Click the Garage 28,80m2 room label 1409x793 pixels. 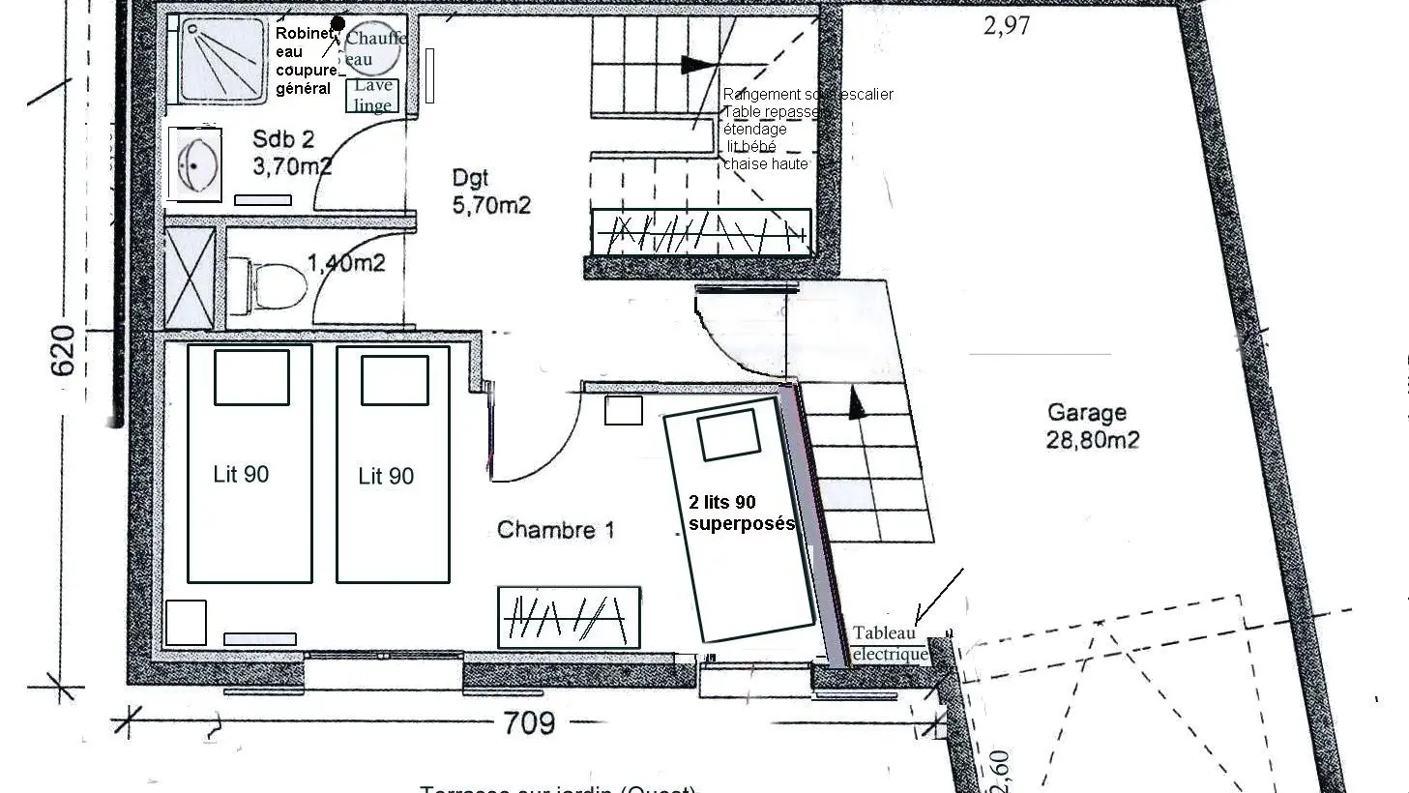point(1092,426)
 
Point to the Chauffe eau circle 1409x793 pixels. point(373,48)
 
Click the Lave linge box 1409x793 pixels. point(372,96)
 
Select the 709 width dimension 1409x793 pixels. point(529,722)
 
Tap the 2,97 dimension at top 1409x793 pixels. point(1007,26)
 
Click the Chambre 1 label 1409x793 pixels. point(555,530)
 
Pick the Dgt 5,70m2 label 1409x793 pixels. point(490,191)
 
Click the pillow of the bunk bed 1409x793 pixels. point(727,435)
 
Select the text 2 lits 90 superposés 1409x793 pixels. point(740,513)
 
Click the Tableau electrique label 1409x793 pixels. point(888,644)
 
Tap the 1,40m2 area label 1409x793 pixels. point(346,263)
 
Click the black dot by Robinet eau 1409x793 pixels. point(338,22)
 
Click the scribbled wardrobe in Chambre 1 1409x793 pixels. point(569,617)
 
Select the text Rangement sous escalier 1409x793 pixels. point(807,94)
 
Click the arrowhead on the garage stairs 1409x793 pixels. point(856,403)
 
